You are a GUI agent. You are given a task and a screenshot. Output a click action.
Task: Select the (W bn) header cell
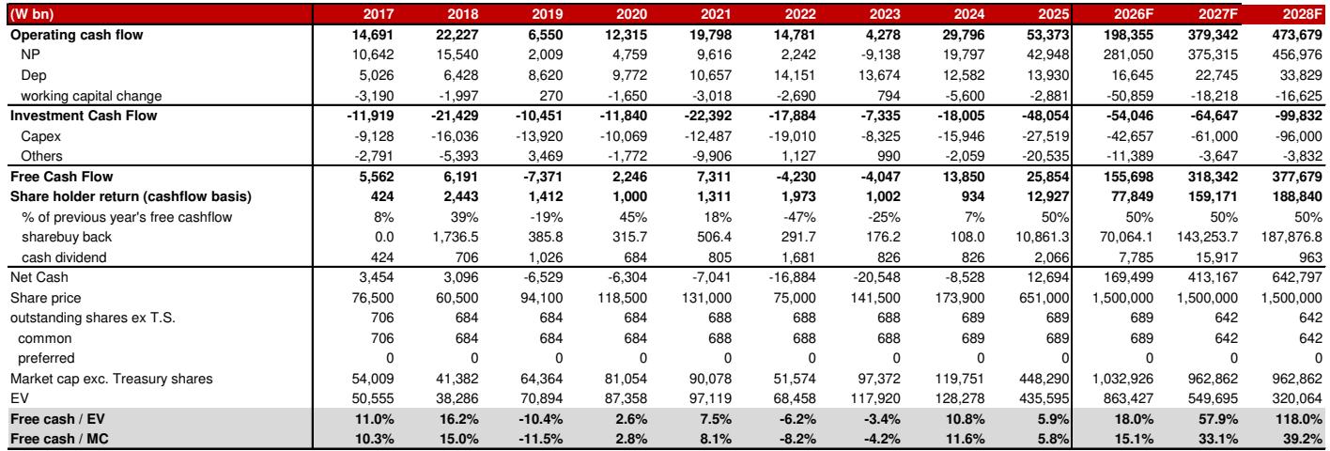click(32, 14)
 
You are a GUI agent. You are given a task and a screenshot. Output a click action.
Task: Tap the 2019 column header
click(547, 14)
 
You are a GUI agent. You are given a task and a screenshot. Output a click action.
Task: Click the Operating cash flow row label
click(77, 35)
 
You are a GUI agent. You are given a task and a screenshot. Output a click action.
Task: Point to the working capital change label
click(91, 96)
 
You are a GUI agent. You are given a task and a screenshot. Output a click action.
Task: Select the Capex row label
click(40, 136)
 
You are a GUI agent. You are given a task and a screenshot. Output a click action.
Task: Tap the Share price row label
click(45, 298)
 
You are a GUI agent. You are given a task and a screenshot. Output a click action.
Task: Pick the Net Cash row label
click(39, 277)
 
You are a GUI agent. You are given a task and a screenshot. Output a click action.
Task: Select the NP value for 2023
click(880, 54)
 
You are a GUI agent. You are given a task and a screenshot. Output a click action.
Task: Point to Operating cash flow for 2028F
click(1297, 35)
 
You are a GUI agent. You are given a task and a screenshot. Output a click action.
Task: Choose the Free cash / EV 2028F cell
click(1298, 419)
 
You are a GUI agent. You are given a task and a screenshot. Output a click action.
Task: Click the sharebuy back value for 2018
click(455, 237)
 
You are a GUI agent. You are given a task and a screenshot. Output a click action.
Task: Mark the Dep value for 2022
click(795, 75)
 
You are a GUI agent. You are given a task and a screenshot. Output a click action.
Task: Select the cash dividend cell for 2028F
click(1310, 257)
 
